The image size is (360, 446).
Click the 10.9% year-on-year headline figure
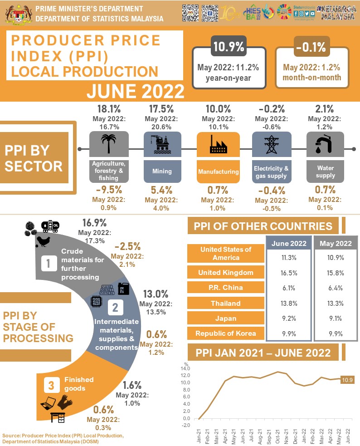tap(229, 47)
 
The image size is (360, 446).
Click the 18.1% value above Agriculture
tap(108, 109)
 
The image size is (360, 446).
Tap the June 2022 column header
tap(289, 243)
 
